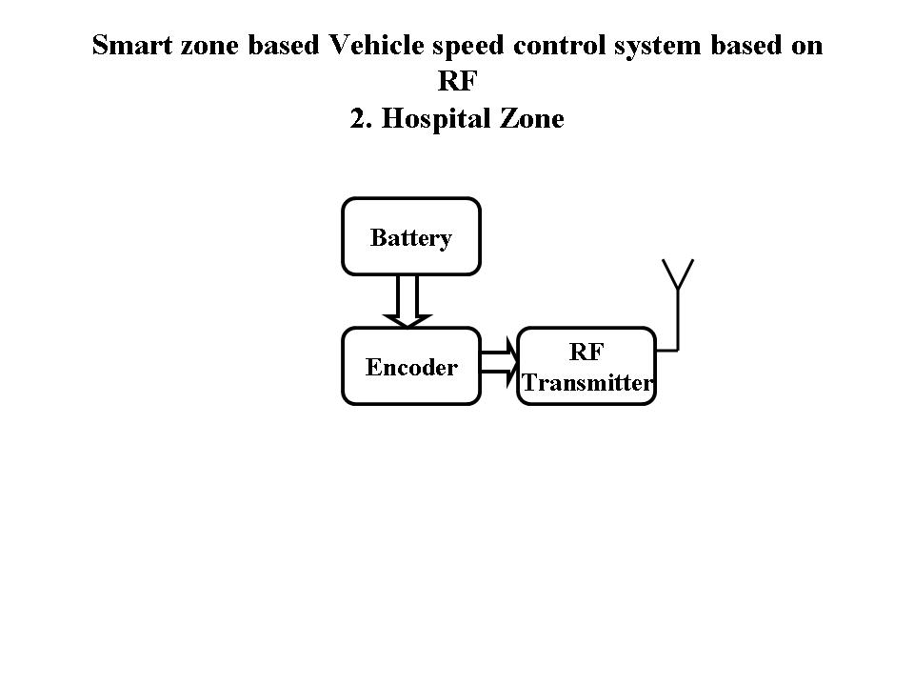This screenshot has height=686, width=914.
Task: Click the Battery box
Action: [x=410, y=236]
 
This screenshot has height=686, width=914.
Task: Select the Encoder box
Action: [x=410, y=367]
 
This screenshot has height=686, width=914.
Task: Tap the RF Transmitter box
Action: [x=586, y=367]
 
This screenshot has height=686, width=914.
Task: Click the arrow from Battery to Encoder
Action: [x=409, y=301]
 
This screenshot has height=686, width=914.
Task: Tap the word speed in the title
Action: [x=474, y=47]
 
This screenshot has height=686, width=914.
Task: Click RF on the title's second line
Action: [x=457, y=82]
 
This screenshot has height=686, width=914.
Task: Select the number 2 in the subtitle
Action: [x=358, y=120]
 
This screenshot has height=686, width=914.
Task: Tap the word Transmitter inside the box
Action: [x=586, y=383]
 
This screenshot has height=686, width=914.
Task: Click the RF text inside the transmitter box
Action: [x=586, y=352]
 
